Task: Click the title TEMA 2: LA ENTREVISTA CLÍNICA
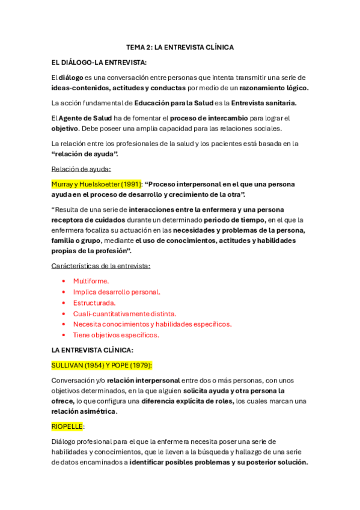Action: pos(180,47)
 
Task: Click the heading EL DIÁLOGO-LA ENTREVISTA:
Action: pos(99,62)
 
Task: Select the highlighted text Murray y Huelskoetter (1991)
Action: pos(96,184)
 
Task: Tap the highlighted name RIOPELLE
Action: pos(67,426)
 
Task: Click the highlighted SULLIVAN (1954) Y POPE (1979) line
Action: pos(102,365)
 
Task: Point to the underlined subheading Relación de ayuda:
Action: pos(81,169)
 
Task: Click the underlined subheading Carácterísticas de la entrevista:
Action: pos(101,266)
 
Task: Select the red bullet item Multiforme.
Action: pos(91,281)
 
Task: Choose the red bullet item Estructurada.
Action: pos(94,303)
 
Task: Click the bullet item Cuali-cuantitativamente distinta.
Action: pos(124,313)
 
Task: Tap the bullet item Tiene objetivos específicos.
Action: pos(116,335)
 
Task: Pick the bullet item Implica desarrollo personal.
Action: pos(117,292)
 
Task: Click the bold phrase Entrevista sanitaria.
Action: pos(263,103)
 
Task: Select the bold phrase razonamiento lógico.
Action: pos(273,88)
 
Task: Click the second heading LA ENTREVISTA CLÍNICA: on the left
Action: pos(93,350)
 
